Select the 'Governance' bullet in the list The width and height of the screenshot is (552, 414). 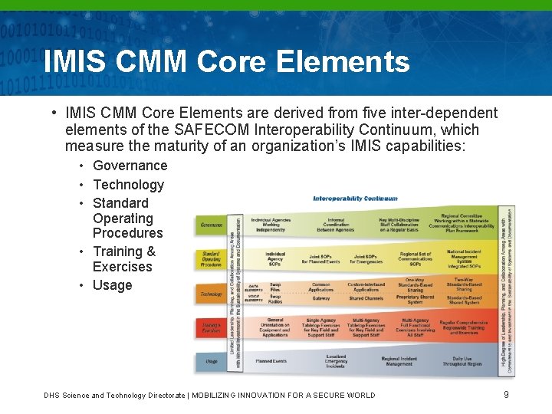point(130,166)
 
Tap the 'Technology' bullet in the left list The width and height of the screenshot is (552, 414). point(128,185)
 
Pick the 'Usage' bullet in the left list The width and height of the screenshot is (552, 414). point(112,285)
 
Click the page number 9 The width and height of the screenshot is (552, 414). point(506,395)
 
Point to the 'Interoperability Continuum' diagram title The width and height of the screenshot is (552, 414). point(355,199)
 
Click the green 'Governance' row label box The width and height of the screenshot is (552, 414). point(212,225)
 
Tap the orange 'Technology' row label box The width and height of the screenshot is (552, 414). point(212,294)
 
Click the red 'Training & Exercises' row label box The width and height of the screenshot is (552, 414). point(212,327)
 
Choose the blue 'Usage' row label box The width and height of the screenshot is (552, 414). point(212,360)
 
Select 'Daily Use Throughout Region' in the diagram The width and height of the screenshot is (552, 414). point(462,360)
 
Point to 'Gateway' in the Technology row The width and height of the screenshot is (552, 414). point(320,299)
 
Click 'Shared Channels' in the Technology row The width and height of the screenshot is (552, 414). point(366,299)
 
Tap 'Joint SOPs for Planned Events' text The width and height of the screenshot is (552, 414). point(320,259)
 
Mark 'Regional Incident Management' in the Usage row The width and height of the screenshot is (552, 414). point(398,360)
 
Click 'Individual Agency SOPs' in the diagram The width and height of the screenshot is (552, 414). point(275,258)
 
